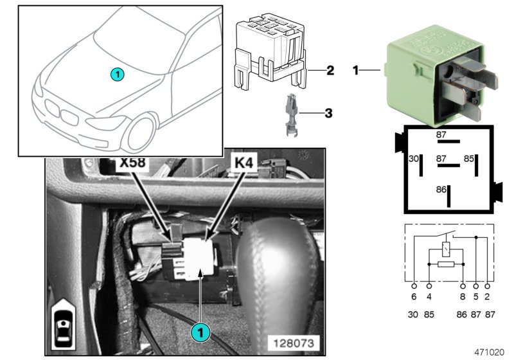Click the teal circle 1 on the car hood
116,75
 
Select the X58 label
132,164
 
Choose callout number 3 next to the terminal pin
328,114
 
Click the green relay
437,80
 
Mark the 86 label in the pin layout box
441,190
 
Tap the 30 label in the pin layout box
414,157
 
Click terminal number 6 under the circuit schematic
414,298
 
